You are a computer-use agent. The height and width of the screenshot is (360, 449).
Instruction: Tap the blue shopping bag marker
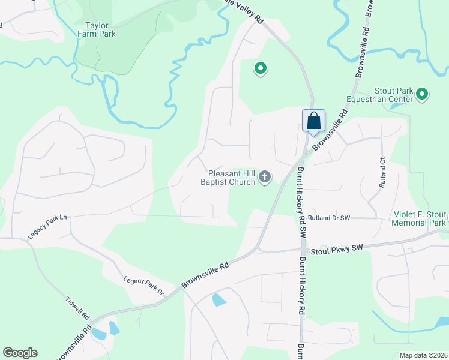[x=313, y=121]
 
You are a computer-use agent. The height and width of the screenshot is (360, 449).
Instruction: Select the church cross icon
[x=265, y=177]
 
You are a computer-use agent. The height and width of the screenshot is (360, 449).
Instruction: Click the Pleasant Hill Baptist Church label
[x=228, y=177]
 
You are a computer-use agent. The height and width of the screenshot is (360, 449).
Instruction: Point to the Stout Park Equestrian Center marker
[x=422, y=94]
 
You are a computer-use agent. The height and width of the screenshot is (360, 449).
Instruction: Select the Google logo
[x=20, y=353]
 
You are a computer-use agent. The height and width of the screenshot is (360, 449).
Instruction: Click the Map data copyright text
[x=423, y=355]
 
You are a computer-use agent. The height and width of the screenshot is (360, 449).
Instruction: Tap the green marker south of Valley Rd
[x=260, y=69]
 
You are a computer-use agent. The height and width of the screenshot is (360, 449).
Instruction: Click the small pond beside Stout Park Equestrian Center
[x=397, y=106]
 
